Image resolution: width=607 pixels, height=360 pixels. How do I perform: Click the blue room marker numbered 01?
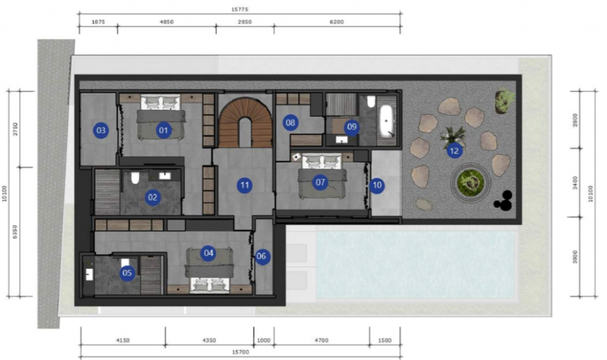tap(163, 130)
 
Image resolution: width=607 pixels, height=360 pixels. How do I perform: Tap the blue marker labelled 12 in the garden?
tap(454, 151)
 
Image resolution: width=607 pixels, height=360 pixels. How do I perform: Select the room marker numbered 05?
tap(127, 273)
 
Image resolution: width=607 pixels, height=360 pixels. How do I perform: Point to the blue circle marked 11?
tap(245, 185)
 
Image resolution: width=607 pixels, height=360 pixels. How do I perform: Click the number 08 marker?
tap(290, 123)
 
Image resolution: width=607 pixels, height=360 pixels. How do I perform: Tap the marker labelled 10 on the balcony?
tap(377, 185)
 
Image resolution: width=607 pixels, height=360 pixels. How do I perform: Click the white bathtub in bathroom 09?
tap(387, 121)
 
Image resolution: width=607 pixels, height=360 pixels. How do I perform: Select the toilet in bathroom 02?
tap(135, 178)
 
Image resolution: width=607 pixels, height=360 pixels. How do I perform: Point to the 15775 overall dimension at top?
tap(240, 9)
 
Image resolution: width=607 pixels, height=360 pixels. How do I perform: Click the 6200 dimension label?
tap(337, 22)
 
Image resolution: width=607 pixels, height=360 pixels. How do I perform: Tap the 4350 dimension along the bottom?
tap(209, 341)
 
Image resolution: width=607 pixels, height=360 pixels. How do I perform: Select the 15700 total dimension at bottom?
tap(240, 352)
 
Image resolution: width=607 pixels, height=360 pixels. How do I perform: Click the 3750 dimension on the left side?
tap(15, 129)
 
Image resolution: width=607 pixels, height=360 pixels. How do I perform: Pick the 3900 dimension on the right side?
tap(575, 257)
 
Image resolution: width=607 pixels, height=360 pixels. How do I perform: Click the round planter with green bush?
tap(471, 182)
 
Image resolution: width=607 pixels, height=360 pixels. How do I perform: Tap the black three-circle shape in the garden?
tap(503, 201)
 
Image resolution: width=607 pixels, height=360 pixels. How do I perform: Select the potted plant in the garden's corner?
tap(505, 101)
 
